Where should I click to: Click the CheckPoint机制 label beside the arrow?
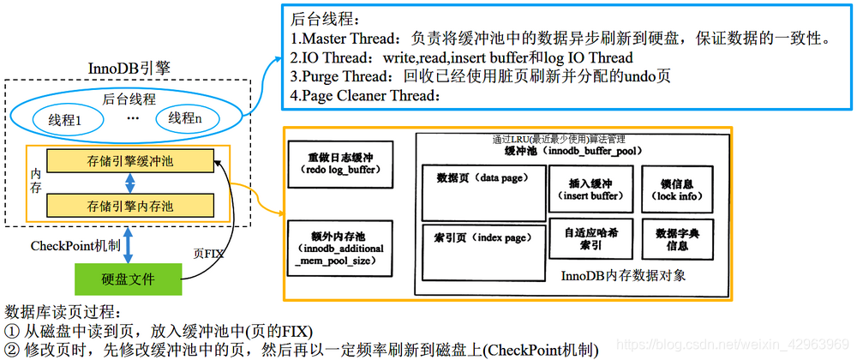click(x=64, y=247)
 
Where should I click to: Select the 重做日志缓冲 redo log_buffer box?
click(x=340, y=164)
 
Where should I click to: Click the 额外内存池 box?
click(x=340, y=248)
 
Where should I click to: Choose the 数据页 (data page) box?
click(x=484, y=192)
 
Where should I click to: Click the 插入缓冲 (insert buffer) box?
click(x=591, y=190)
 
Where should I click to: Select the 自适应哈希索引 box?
click(x=591, y=239)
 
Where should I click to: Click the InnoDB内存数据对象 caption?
click(x=623, y=277)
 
